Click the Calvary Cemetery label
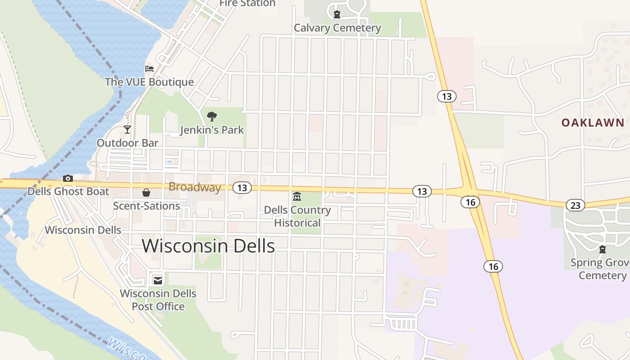pyautogui.click(x=337, y=28)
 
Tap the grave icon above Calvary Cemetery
pyautogui.click(x=337, y=14)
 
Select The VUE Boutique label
pyautogui.click(x=149, y=82)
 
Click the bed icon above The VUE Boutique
pyautogui.click(x=149, y=69)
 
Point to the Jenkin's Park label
pyautogui.click(x=211, y=130)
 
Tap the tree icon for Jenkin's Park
pyautogui.click(x=211, y=117)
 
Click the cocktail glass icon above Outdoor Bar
pyautogui.click(x=127, y=130)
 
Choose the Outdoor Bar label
pyautogui.click(x=127, y=143)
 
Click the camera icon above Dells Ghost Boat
pyautogui.click(x=68, y=178)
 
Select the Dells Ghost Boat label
pyautogui.click(x=68, y=192)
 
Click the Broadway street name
pyautogui.click(x=194, y=187)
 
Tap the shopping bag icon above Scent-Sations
pyautogui.click(x=146, y=193)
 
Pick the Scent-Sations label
pyautogui.click(x=146, y=206)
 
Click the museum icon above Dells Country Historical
pyautogui.click(x=297, y=197)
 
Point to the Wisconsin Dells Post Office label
pyautogui.click(x=158, y=300)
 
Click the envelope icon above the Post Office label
pyautogui.click(x=158, y=280)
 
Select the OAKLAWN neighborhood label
pyautogui.click(x=592, y=122)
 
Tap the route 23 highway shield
pyautogui.click(x=575, y=205)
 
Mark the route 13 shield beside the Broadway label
pyautogui.click(x=242, y=188)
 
